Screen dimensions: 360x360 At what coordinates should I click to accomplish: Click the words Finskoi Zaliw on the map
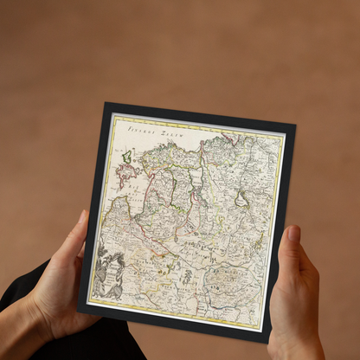click(149, 130)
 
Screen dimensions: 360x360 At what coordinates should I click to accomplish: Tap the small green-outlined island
click(127, 157)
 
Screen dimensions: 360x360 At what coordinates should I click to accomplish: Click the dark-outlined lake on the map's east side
click(241, 201)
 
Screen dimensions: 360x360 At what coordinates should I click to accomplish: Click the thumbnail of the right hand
click(294, 235)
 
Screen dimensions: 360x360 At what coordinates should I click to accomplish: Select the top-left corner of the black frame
click(106, 105)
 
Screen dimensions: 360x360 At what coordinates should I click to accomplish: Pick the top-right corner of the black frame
click(294, 124)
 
